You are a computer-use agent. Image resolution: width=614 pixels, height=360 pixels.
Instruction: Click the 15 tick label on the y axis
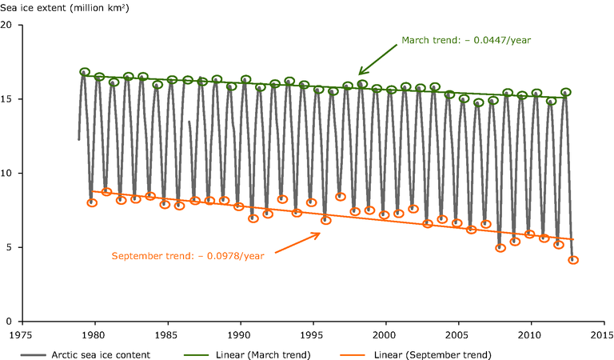[10, 99]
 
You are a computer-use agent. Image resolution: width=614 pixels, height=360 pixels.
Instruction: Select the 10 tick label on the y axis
[10, 174]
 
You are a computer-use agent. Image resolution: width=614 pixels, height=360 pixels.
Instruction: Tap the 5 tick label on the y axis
[12, 247]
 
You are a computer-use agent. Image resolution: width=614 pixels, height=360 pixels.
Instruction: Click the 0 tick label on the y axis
[12, 321]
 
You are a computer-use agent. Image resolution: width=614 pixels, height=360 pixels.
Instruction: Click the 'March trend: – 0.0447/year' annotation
[466, 40]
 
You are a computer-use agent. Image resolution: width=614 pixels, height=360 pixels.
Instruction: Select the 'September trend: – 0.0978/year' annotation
[188, 256]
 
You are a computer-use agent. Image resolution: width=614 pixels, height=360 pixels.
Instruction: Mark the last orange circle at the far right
[573, 260]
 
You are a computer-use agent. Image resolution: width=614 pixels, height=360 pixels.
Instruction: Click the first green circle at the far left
[85, 72]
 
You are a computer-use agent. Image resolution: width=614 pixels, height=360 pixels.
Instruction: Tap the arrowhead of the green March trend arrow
[360, 74]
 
